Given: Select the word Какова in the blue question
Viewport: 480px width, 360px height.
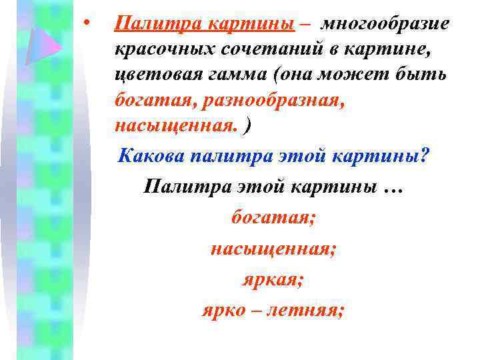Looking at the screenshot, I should [x=151, y=158].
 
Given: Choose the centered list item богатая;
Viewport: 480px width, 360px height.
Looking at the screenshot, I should [x=273, y=217].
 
